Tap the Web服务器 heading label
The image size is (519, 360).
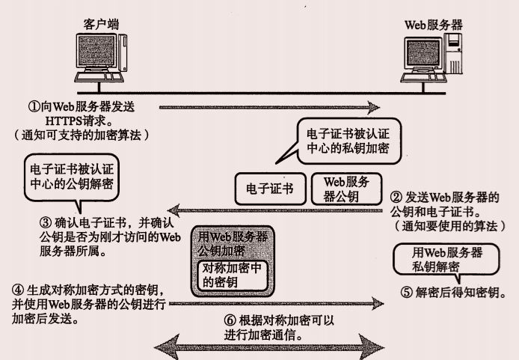(x=433, y=24)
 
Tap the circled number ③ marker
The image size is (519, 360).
(x=43, y=222)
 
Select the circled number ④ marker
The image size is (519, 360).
(x=16, y=289)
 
